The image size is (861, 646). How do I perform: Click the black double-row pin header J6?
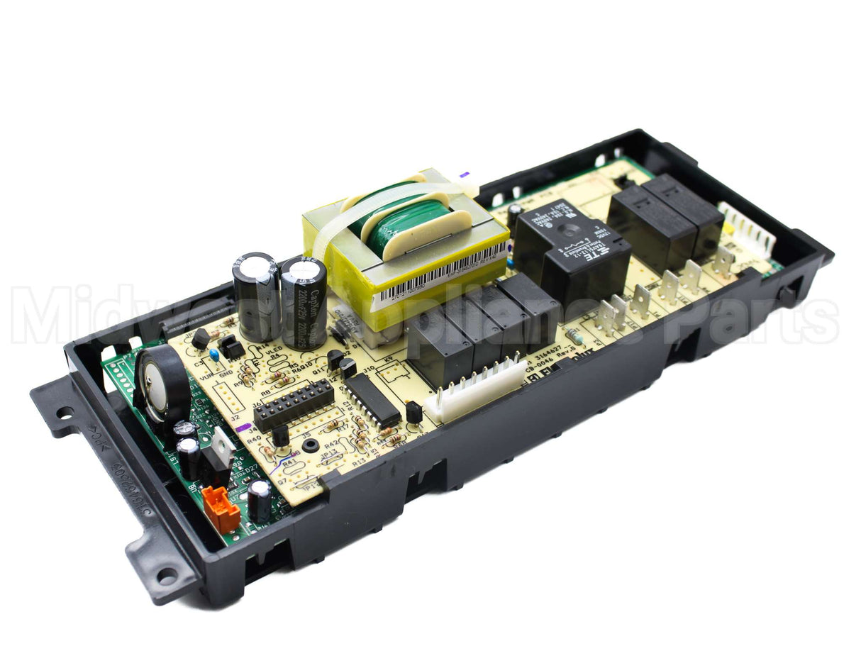294,405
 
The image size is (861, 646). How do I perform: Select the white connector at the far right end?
747,230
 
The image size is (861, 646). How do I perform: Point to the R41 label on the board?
289,461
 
